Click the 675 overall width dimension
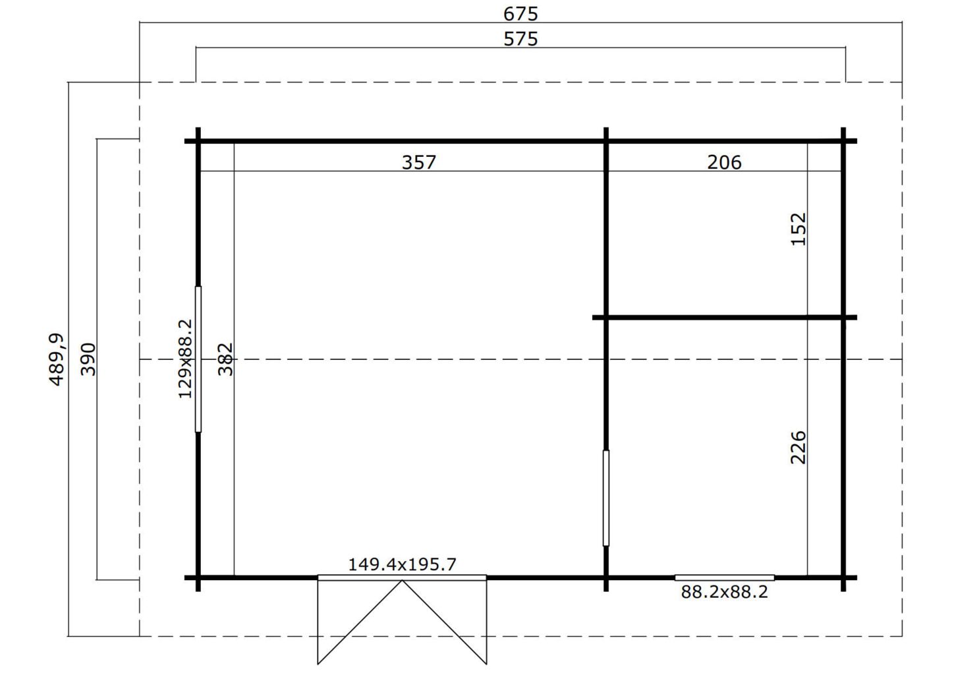(x=520, y=14)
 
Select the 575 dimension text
(x=520, y=39)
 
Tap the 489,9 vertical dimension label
(x=56, y=360)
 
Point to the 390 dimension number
(x=88, y=359)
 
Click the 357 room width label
(x=419, y=162)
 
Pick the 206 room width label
(x=724, y=162)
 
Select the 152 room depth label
(x=799, y=229)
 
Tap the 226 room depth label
(x=799, y=448)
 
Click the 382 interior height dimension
(x=226, y=359)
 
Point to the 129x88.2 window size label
(x=185, y=359)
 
